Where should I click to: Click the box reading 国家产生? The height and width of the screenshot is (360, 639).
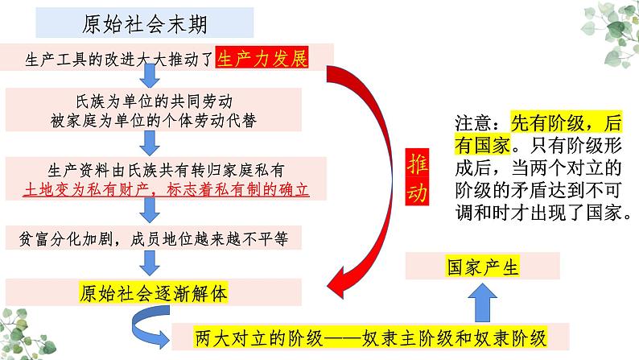(482, 266)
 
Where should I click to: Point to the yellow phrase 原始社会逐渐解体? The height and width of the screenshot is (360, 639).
(155, 293)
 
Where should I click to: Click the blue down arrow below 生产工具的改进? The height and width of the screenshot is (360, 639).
(149, 76)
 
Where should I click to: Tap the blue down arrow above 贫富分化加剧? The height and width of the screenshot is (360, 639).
(149, 212)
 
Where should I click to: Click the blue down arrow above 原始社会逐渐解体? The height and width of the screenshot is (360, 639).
(149, 262)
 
